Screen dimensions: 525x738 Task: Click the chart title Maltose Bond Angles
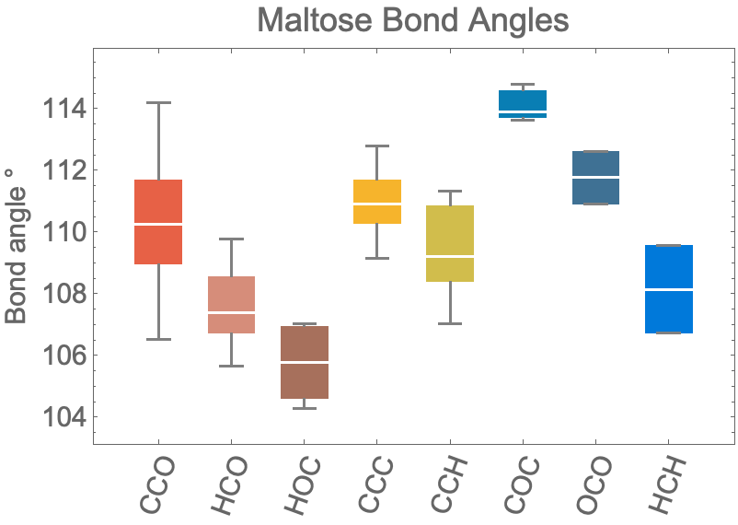(413, 21)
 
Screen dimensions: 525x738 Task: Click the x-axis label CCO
(158, 485)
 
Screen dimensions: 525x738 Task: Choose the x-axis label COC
(522, 485)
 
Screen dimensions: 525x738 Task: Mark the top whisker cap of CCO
(158, 102)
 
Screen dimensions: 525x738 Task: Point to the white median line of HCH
(668, 289)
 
